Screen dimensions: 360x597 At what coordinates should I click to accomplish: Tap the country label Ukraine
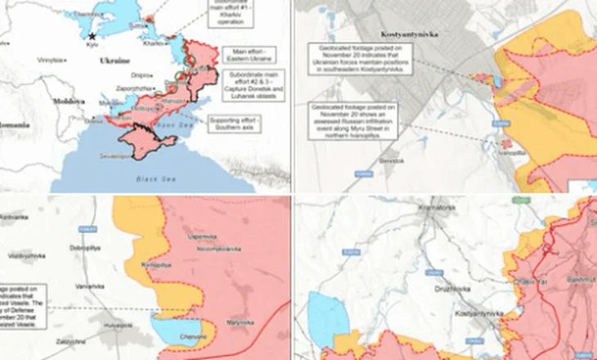(x=114, y=61)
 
